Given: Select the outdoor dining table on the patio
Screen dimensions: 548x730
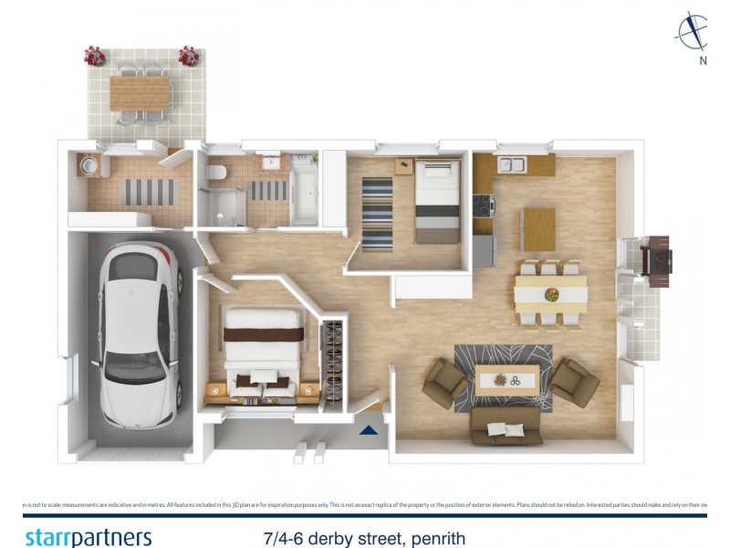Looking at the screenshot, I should (x=141, y=91).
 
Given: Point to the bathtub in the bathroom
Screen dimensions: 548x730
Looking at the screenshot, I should (x=304, y=194).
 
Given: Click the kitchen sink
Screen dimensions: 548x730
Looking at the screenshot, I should (x=511, y=165).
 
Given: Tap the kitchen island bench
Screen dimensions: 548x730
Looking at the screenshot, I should (x=538, y=228).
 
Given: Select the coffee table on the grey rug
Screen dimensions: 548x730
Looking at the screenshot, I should (x=504, y=379).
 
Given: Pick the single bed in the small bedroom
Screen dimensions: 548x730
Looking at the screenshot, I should (x=438, y=201).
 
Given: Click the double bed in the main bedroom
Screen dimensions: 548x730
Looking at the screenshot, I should (x=263, y=352).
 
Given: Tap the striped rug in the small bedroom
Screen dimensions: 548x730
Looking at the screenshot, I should (x=377, y=212).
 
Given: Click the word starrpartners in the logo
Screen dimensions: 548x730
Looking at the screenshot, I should (x=88, y=537).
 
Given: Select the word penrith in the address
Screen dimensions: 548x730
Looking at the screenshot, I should (x=437, y=538).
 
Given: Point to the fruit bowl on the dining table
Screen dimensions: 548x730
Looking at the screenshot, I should (x=551, y=293).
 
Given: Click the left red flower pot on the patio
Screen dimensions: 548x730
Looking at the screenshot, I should (x=95, y=56).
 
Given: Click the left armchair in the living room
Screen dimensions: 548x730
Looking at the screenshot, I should (x=444, y=381).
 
